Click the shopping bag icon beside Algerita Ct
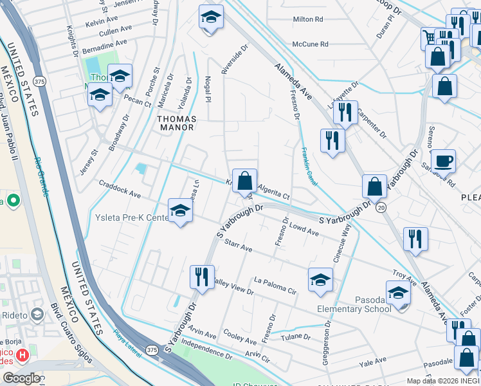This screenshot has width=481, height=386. point(245,181)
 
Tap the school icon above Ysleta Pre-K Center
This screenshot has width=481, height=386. point(180,210)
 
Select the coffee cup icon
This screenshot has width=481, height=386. point(443,160)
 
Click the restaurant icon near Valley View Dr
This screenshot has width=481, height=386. point(202,277)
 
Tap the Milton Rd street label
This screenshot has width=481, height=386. point(307,20)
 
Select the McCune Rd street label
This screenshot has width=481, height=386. point(310,44)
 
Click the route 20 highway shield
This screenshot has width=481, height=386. point(381,207)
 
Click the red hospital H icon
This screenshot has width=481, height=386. point(23,354)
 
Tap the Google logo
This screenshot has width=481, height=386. point(21,378)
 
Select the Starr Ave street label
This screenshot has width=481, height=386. point(239,246)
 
